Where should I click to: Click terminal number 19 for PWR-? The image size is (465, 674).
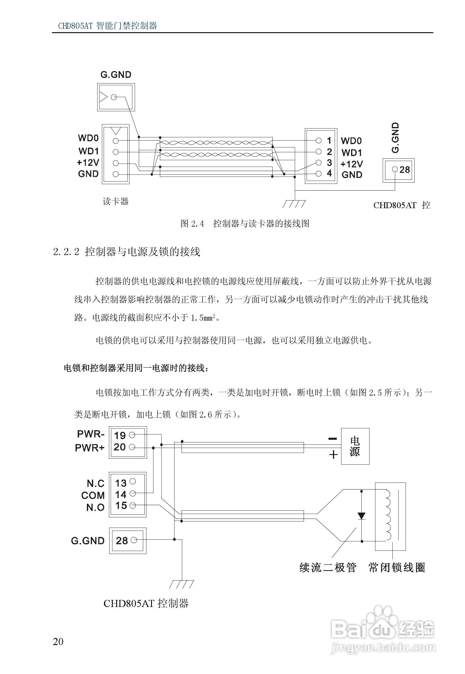pos(120,435)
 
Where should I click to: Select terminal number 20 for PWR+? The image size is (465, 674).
pos(120,447)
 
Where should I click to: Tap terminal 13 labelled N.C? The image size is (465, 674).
pos(121,483)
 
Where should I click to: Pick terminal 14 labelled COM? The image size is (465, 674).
pos(121,495)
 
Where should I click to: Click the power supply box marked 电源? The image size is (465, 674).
pos(355,446)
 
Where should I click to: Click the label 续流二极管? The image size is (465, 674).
pos(328,567)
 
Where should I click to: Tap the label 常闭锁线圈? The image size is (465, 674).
pos(397,567)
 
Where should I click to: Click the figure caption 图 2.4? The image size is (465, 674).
pos(192,224)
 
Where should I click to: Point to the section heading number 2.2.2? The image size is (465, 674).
pos(66,252)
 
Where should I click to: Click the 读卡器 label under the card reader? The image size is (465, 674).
pos(116,201)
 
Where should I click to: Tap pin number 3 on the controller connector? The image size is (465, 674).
pos(329,163)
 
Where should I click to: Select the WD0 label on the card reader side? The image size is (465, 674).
pos(88,138)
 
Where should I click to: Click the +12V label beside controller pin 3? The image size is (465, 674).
pos(352,164)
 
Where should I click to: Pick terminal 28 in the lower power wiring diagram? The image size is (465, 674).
pos(122,540)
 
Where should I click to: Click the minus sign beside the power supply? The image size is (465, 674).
pos(333,439)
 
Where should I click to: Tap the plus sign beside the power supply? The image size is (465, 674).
pos(334,454)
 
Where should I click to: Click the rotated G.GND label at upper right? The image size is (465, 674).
pos(395,138)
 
